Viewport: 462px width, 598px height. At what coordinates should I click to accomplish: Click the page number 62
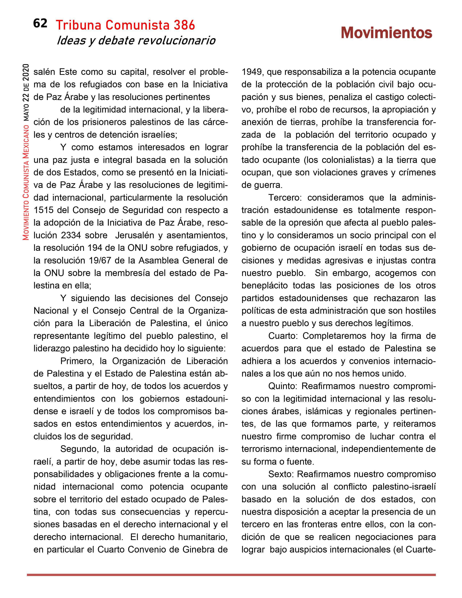40,24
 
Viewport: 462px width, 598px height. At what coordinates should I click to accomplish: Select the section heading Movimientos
386,33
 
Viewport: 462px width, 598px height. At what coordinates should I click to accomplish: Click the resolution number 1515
43,210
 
